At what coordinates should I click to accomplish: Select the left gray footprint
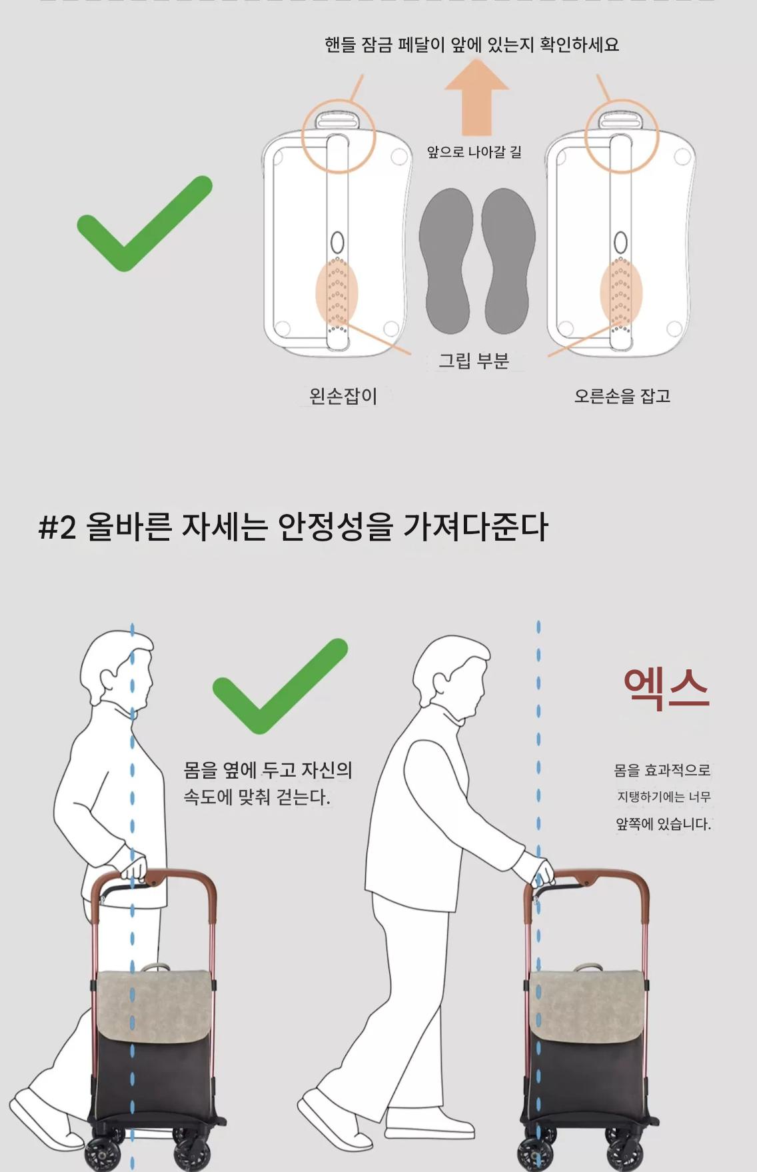pyautogui.click(x=446, y=260)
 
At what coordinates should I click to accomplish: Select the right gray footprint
pyautogui.click(x=508, y=260)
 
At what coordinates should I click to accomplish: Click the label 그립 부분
pyautogui.click(x=473, y=361)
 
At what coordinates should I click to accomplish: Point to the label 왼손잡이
pyautogui.click(x=343, y=396)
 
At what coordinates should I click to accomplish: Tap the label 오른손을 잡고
pyautogui.click(x=622, y=396)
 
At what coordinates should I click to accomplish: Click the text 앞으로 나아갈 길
pyautogui.click(x=474, y=152)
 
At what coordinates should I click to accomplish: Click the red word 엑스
pyautogui.click(x=666, y=689)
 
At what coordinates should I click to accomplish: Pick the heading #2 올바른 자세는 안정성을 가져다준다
pyautogui.click(x=293, y=527)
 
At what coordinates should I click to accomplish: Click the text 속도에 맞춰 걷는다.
pyautogui.click(x=257, y=797)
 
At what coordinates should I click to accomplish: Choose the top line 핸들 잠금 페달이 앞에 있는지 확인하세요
pyautogui.click(x=472, y=45)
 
